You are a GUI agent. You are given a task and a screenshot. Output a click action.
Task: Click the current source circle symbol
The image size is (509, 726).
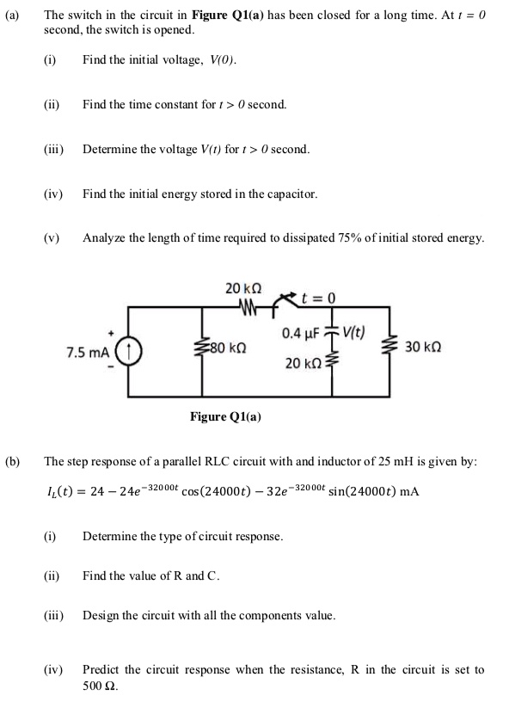[129, 353]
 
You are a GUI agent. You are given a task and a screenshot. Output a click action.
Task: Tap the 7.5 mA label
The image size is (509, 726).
[89, 353]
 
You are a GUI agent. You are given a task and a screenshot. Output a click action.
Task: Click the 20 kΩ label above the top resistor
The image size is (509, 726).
[243, 288]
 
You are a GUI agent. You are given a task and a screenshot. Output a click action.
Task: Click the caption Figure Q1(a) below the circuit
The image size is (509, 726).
[226, 417]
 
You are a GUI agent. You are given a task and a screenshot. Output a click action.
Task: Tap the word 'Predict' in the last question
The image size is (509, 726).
[101, 669]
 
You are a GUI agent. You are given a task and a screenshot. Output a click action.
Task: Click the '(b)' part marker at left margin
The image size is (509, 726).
[13, 461]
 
